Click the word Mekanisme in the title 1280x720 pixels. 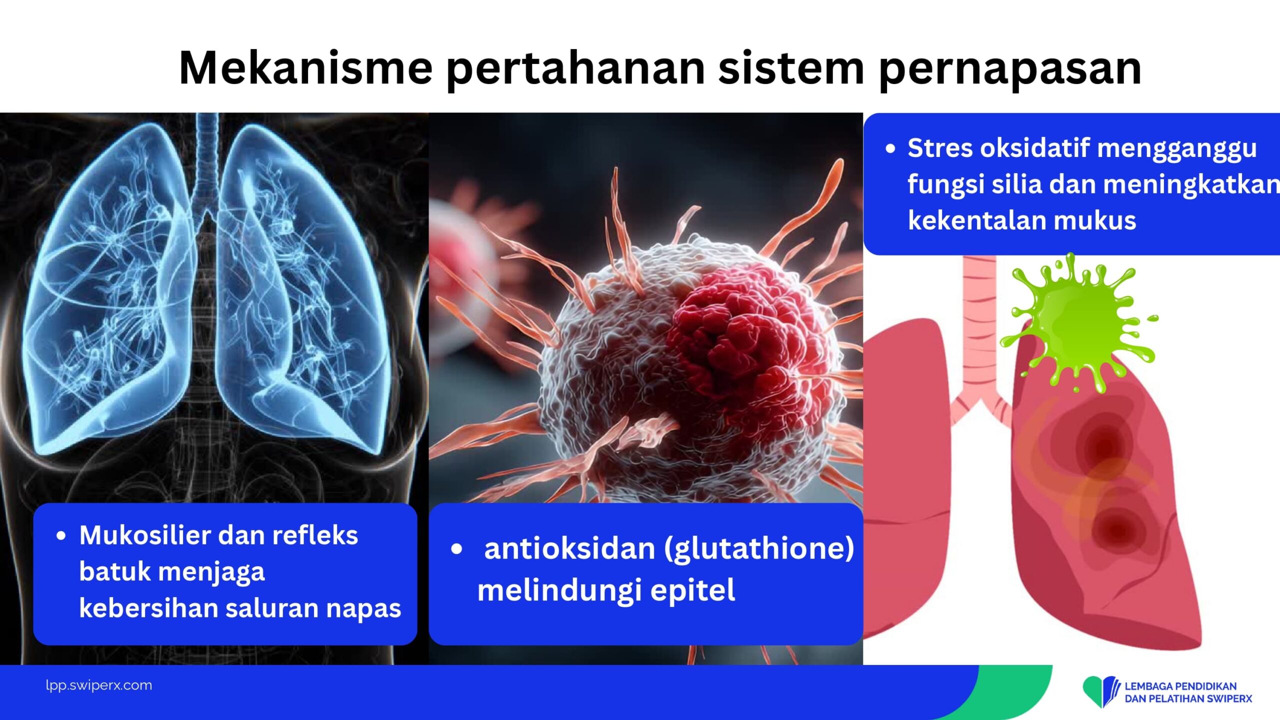point(306,68)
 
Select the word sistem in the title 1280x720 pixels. point(791,68)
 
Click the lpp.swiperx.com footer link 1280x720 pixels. point(99,685)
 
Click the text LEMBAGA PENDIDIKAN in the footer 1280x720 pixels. point(1180,686)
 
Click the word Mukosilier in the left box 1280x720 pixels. point(144,535)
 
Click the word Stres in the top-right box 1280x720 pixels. point(940,148)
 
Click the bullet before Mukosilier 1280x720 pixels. point(61,536)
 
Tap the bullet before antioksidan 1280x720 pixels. point(456,549)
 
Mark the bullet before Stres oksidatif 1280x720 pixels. point(890,148)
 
